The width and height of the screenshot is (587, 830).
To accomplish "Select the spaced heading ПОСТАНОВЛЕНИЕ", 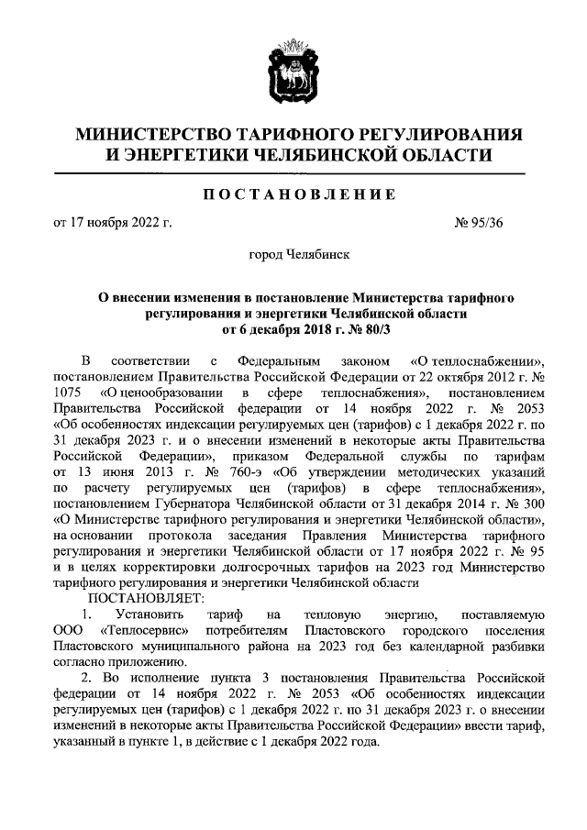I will coord(293,195).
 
